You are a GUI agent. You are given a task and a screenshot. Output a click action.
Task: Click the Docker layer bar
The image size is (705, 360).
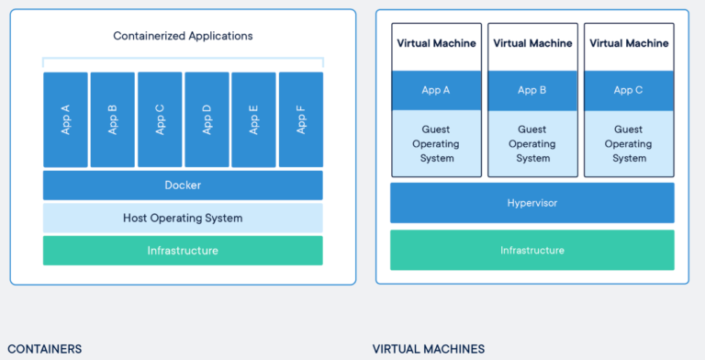183,185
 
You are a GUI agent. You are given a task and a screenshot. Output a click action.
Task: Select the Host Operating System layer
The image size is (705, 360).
183,218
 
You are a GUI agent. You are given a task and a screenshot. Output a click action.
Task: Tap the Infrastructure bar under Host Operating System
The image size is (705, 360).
183,250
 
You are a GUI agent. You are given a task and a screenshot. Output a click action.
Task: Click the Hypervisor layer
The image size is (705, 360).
532,202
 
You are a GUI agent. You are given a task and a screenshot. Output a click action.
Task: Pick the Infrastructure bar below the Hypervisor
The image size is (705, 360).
532,250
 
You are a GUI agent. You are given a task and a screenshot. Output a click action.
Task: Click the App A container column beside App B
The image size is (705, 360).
66,119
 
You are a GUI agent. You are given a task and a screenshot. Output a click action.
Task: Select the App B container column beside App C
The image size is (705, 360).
113,119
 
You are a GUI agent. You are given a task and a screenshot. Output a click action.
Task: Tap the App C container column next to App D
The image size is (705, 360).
160,119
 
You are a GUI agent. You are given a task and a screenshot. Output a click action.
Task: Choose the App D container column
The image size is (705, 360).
207,119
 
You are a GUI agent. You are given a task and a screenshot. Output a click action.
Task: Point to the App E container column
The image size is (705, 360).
253,119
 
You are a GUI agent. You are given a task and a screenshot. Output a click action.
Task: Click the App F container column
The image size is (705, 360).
300,119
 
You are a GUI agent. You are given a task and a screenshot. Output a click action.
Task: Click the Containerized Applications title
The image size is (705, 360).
183,36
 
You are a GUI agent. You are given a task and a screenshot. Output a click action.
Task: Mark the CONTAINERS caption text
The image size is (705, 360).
44,349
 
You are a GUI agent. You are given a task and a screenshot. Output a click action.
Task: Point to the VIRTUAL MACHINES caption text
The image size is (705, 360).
429,349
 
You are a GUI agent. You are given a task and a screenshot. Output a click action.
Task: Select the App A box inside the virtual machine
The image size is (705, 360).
437,90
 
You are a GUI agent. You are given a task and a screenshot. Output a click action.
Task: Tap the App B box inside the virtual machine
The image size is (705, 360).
532,90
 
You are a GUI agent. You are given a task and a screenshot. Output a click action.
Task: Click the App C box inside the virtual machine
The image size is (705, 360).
629,90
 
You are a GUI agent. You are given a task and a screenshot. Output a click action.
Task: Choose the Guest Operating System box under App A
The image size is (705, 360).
437,143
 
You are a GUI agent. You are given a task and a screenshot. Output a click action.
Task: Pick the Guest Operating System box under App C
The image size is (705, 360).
629,143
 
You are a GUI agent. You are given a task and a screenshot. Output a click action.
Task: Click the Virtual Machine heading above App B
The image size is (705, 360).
532,43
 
